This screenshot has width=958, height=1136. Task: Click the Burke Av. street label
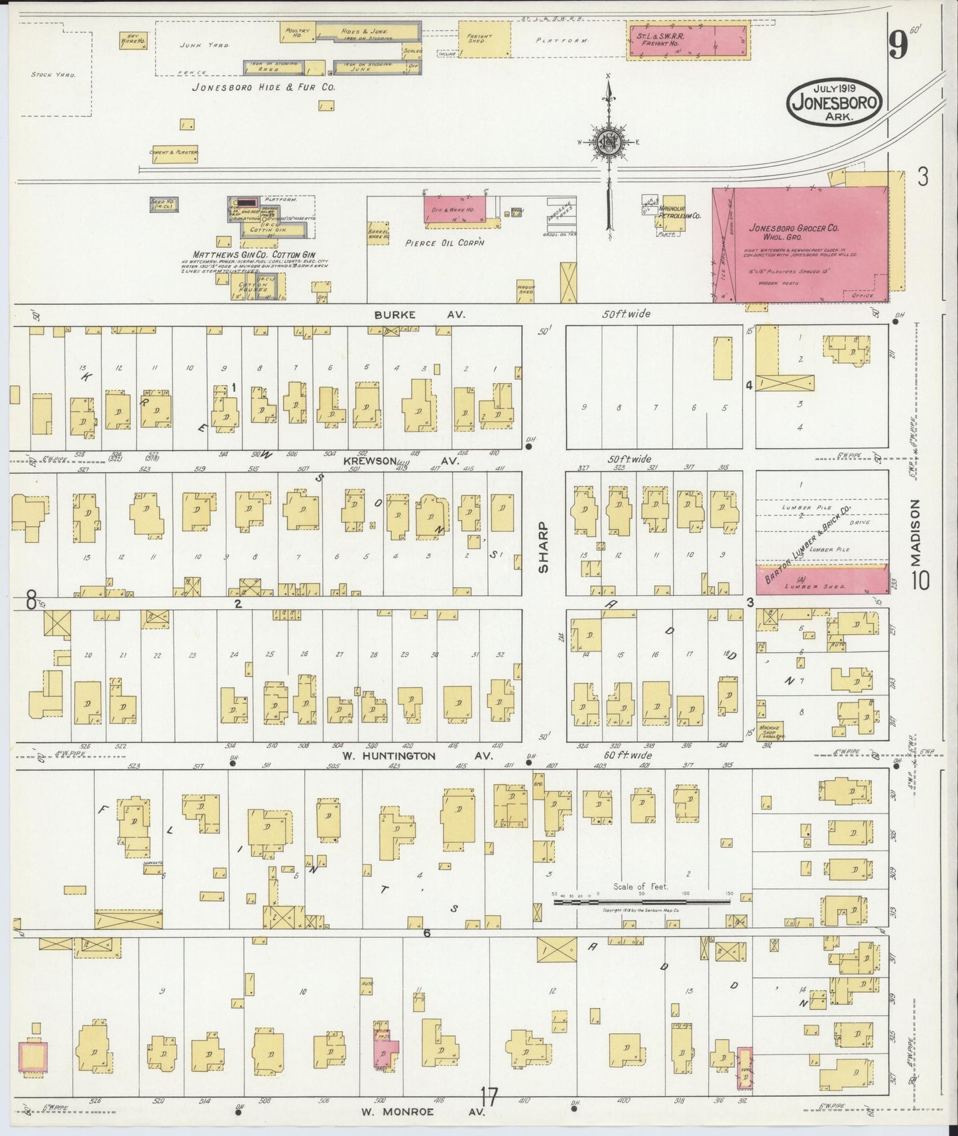(419, 315)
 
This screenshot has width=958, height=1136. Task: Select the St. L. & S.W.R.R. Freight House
(688, 40)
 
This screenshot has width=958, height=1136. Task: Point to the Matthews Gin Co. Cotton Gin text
(253, 255)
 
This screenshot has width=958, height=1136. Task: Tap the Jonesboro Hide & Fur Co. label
(263, 87)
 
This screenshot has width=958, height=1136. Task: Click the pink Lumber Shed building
(822, 580)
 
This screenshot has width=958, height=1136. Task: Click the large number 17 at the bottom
(489, 1097)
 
